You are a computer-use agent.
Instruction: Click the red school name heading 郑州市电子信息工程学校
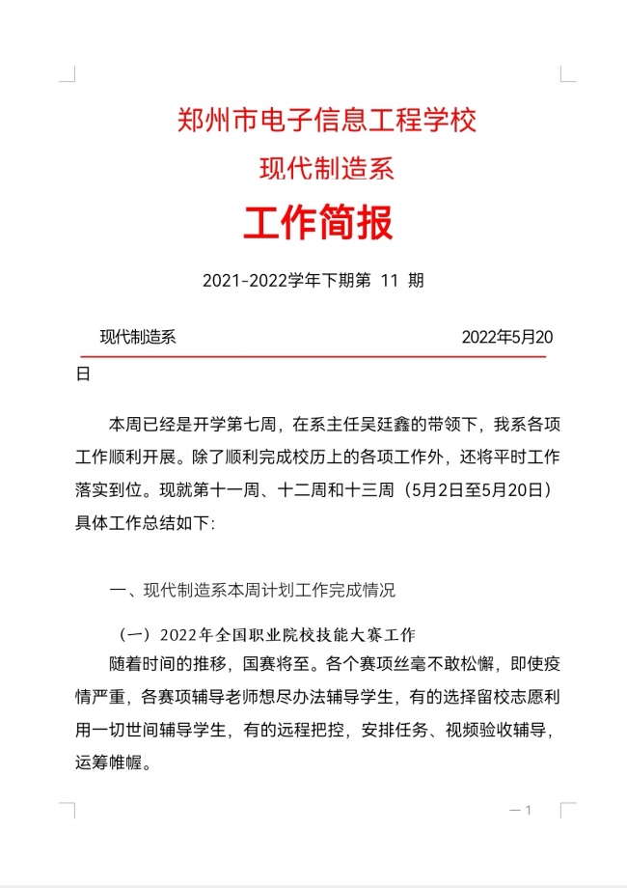pos(327,122)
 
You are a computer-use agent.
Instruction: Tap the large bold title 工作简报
pos(317,223)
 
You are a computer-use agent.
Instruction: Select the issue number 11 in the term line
pos(390,281)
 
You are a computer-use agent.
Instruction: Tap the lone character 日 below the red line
pos(83,374)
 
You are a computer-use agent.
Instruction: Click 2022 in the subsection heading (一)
pos(178,635)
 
